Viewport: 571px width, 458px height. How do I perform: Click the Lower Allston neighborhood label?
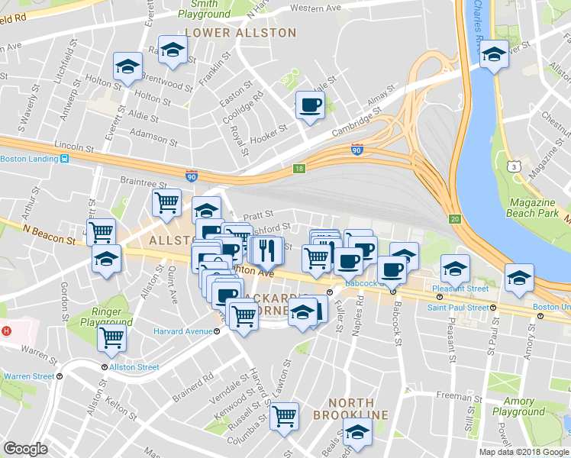(240, 33)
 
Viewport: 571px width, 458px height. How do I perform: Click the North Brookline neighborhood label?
(352, 408)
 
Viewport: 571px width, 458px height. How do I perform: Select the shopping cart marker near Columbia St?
(284, 416)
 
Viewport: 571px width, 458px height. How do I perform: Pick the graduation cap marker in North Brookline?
(356, 432)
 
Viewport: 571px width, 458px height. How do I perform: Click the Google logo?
(26, 449)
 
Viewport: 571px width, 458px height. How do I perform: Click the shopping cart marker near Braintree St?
(166, 203)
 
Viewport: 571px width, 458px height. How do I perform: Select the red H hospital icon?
(6, 331)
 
